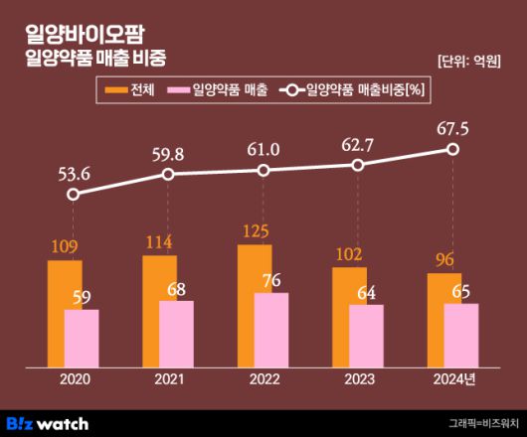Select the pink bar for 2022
pos(271,330)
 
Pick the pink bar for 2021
pos(176,334)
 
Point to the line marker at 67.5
pos(453,149)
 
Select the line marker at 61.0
pos(263,170)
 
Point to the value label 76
pos(271,280)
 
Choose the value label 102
pos(350,252)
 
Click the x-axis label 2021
pos(168,379)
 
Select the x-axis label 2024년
pos(454,379)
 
